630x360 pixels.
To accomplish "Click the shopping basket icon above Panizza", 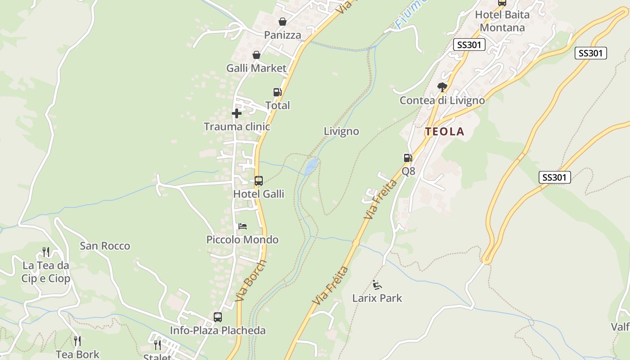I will (x=282, y=22).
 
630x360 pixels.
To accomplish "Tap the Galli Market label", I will (x=256, y=68).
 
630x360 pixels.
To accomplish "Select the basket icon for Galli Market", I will (x=256, y=55).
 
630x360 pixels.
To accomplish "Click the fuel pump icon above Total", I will (x=278, y=92).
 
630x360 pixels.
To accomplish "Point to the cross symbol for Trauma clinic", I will (x=237, y=113).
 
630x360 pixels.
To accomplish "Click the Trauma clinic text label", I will (x=237, y=126).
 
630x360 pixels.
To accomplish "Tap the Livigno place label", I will (x=341, y=131).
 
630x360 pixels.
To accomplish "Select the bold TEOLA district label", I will (x=445, y=131).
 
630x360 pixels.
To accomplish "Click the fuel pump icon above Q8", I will (x=408, y=158).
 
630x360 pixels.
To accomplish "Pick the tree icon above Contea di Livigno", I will (x=442, y=87).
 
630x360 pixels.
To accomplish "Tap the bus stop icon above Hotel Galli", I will (x=258, y=181).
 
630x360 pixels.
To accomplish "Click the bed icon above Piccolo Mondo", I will (x=243, y=226).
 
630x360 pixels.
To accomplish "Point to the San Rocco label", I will (x=105, y=246).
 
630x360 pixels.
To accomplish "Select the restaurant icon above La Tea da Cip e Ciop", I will (x=46, y=252).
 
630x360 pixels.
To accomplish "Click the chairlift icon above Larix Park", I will (x=377, y=284).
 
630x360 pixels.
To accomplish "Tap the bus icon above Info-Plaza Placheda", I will (x=218, y=317).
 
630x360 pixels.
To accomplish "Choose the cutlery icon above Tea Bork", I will (x=77, y=341).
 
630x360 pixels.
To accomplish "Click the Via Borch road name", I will (x=251, y=281).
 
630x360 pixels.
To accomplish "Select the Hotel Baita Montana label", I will (x=502, y=21).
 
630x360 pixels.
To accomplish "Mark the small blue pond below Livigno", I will (x=311, y=166).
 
